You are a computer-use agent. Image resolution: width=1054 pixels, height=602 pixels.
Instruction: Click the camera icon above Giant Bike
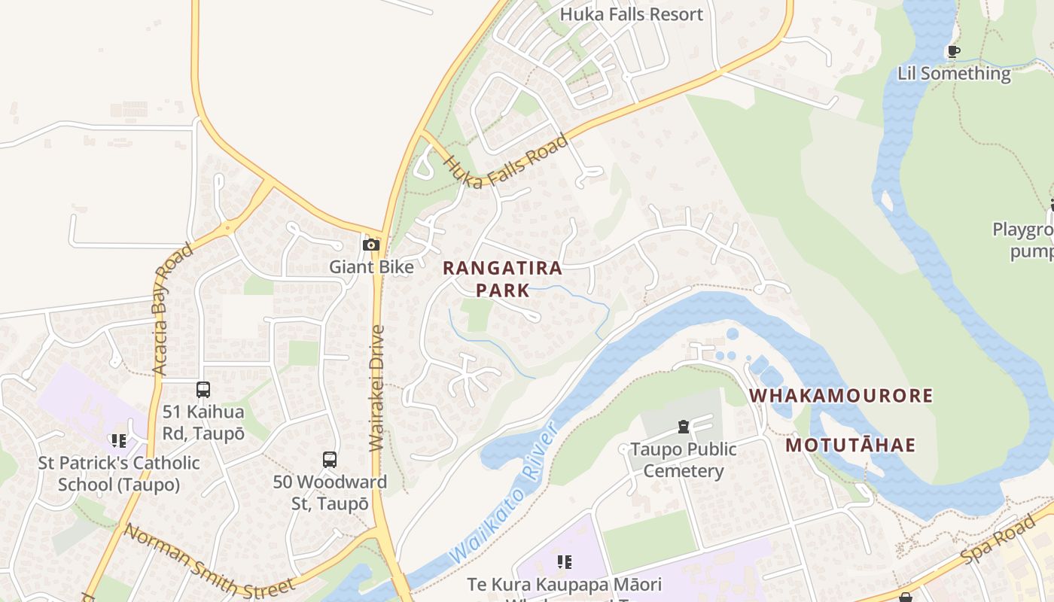click(x=371, y=245)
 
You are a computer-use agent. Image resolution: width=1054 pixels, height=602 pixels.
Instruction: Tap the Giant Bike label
click(x=371, y=267)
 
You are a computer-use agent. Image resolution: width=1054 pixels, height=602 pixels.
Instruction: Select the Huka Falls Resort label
click(x=632, y=14)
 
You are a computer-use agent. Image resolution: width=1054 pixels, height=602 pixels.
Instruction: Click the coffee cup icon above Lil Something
click(x=953, y=52)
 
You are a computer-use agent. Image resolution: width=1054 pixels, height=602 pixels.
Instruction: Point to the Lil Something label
click(x=954, y=73)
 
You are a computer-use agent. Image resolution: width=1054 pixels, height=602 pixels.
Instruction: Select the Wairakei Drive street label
click(x=378, y=388)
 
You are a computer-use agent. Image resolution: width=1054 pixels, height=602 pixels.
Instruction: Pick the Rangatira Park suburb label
click(x=502, y=278)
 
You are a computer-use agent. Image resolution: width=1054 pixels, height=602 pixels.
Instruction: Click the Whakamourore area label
click(x=841, y=396)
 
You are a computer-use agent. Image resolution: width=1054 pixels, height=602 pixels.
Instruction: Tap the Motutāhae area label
click(x=851, y=445)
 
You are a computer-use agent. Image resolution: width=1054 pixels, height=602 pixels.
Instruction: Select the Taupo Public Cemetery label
click(x=683, y=460)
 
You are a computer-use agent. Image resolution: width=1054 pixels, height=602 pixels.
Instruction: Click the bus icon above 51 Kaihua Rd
click(x=203, y=390)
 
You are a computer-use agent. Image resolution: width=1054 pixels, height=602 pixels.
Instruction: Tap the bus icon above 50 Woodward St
click(x=330, y=460)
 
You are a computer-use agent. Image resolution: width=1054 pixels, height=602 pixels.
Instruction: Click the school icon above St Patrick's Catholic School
click(x=119, y=440)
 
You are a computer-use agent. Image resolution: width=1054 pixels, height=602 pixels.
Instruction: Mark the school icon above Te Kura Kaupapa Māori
click(x=565, y=561)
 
